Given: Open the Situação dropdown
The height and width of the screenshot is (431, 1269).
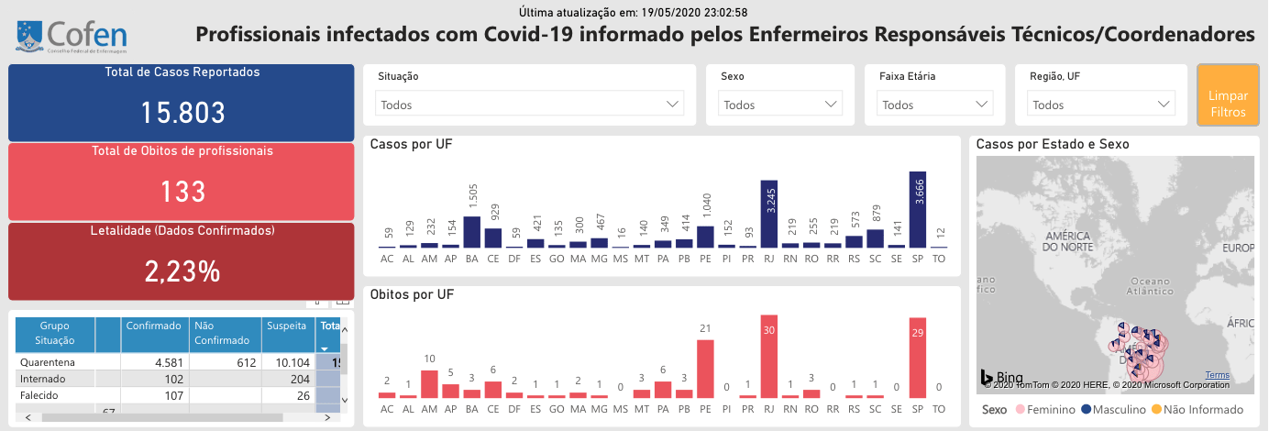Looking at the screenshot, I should click(529, 105).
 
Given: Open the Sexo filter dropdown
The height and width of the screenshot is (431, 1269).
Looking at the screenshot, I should click(780, 105).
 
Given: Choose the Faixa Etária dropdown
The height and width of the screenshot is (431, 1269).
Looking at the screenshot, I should click(936, 105).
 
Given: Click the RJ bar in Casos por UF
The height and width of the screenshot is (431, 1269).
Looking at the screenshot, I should click(769, 214).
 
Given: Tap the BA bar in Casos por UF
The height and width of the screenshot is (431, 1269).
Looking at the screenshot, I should click(472, 232).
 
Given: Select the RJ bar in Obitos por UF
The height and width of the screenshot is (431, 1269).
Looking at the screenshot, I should click(769, 356).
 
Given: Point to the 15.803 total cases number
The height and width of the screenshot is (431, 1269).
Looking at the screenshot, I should click(182, 113).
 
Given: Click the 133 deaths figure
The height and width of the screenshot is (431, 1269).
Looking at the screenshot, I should click(182, 192).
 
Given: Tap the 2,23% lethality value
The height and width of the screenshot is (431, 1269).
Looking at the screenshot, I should click(182, 271).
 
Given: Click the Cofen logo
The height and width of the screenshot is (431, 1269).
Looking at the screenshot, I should click(72, 36).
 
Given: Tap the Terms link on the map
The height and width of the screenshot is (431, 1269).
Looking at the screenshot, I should click(1218, 375).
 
